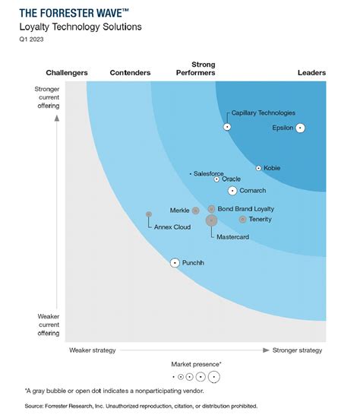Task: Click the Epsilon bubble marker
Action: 300,128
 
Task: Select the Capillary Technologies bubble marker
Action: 227,126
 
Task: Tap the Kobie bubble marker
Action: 258,168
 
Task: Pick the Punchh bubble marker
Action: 175,262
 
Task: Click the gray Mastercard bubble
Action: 211,221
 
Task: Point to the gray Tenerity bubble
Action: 242,220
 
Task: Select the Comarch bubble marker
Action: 232,191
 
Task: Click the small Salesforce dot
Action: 191,174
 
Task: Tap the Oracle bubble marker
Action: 216,179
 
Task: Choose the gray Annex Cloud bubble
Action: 149,214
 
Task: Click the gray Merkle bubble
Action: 195,210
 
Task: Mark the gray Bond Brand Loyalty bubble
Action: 211,208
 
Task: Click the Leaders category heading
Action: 311,73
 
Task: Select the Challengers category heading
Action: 67,73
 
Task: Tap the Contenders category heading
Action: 130,73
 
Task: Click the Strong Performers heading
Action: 203,69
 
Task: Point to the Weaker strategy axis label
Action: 92,350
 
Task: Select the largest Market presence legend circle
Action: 214,376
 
